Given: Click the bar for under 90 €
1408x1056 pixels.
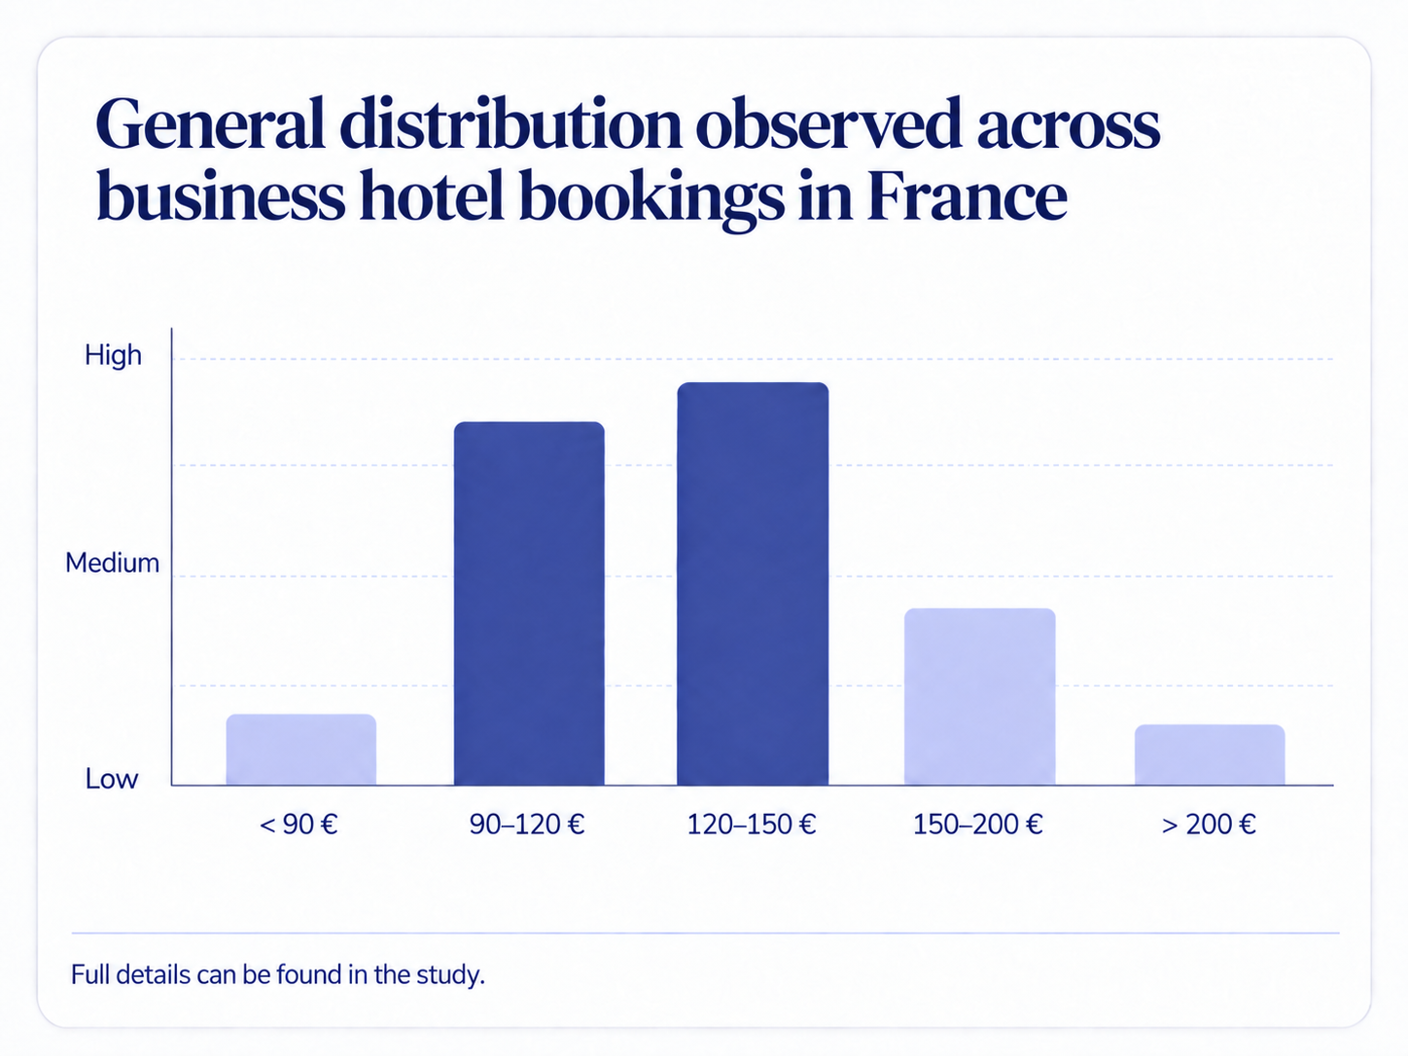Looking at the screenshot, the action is point(300,749).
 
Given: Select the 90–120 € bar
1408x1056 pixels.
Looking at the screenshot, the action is point(529,603).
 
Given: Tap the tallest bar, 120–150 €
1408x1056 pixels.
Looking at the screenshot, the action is point(753,583).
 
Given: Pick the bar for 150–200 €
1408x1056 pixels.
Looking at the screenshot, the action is point(979,696).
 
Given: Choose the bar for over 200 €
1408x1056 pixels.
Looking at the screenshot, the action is point(1209,755).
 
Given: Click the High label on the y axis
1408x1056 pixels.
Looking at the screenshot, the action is point(113,355).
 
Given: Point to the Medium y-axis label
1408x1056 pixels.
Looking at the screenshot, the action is point(112,563).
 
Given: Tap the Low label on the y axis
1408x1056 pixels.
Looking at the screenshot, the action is point(112,779).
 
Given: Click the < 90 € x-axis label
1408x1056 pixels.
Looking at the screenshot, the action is point(299,825).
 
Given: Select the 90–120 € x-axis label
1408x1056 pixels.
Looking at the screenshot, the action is point(527,825).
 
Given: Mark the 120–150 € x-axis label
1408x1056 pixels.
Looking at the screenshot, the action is point(751,825).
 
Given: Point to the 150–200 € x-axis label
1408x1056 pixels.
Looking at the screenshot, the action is point(977,825).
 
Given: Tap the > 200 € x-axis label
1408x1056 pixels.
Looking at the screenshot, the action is point(1209,825).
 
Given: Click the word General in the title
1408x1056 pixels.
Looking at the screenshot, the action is point(210,123).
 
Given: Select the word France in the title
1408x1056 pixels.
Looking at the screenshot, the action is point(967,195).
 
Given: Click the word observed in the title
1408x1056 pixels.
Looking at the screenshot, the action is point(828,123).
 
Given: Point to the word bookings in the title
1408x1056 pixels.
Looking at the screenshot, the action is point(651,198).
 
